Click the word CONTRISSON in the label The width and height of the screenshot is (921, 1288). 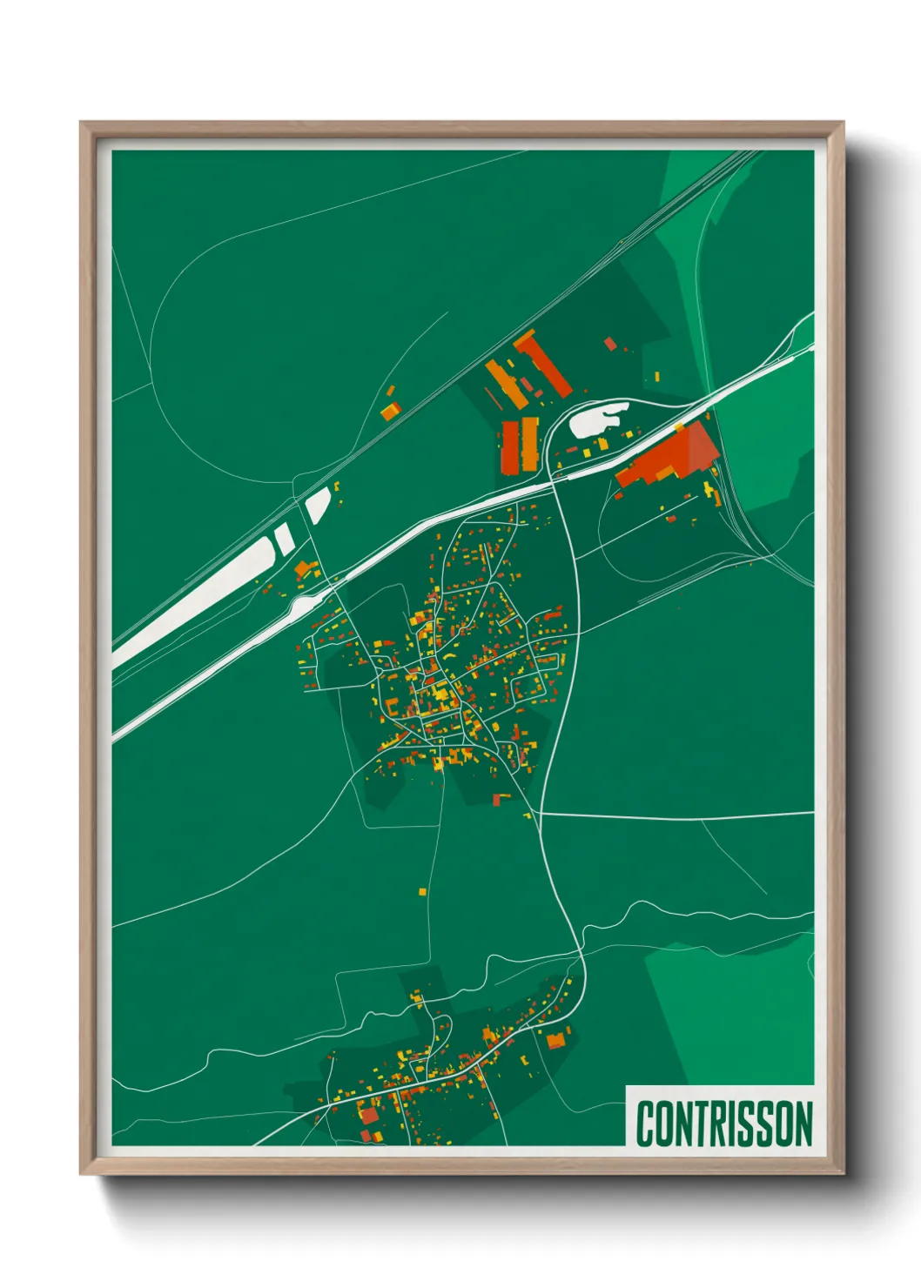724,1124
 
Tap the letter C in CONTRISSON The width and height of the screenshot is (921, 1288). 646,1124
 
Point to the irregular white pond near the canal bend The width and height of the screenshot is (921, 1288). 597,420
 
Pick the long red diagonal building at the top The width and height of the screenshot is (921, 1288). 542,364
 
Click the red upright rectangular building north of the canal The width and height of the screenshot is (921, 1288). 509,446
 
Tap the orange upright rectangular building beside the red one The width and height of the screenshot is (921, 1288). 528,443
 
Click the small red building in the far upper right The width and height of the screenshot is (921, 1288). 610,344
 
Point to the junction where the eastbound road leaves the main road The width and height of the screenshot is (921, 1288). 540,813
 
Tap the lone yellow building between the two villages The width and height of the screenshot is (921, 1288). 423,891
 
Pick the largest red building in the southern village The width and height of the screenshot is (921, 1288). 370,1115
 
